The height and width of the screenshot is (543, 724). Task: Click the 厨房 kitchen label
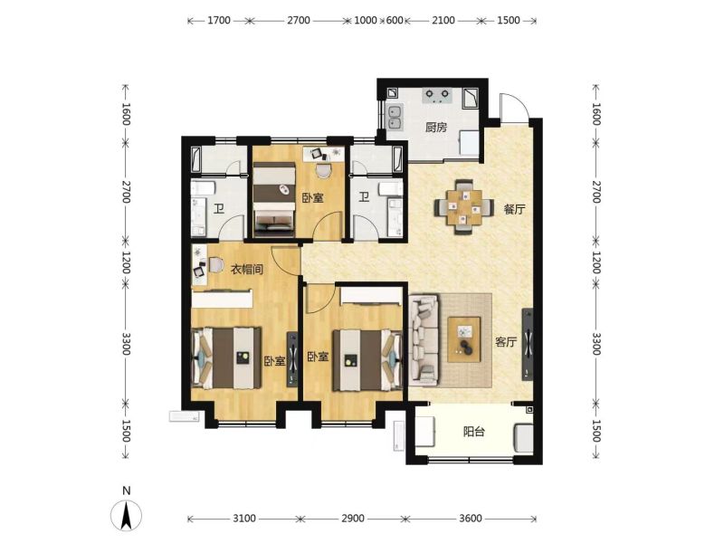coord(436,127)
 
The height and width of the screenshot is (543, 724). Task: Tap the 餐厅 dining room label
coord(514,209)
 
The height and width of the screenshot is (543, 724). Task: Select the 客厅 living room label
coord(506,342)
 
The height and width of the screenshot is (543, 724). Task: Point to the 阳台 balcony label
coord(473,433)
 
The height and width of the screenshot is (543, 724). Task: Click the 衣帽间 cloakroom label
coord(247,269)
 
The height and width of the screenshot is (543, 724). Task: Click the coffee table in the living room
coord(464,340)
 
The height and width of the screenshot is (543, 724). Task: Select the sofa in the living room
coord(424,341)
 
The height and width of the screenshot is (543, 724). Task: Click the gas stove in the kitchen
coord(437,96)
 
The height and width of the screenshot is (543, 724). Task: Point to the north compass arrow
coord(126,515)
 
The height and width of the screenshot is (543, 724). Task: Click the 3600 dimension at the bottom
coord(471,519)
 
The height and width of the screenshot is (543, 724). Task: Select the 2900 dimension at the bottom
coord(353,519)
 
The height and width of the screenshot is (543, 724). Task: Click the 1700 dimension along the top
coord(219,20)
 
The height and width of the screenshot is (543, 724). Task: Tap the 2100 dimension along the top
coord(443,20)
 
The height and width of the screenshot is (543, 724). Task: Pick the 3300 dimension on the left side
coord(126,344)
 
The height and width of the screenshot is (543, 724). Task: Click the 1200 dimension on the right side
coord(596,262)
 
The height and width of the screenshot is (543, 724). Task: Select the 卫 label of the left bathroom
coord(218,209)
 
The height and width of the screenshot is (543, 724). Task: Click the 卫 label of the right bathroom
coord(365,197)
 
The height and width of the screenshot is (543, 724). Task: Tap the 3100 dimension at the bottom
coord(244,519)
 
